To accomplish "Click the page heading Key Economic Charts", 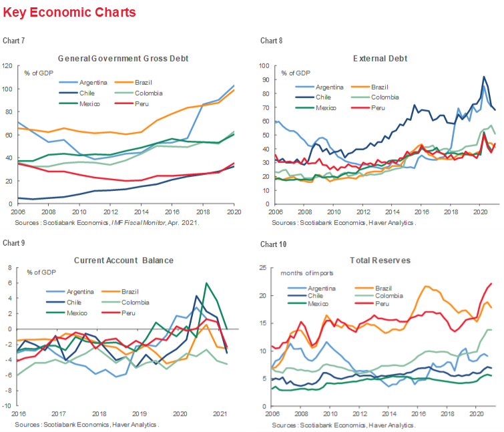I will (x=69, y=13).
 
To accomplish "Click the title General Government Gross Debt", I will (x=123, y=58).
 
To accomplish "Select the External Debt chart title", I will (x=380, y=58).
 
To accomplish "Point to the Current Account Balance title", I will (x=123, y=260).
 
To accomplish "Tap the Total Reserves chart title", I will (x=380, y=260).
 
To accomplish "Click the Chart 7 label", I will (x=14, y=41).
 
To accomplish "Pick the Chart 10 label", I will (x=272, y=244).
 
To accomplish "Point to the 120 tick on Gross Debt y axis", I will (x=8, y=65).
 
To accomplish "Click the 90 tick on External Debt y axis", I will (x=265, y=80).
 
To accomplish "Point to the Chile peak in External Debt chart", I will (x=483, y=77).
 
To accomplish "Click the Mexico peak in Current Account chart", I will (x=206, y=283).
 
